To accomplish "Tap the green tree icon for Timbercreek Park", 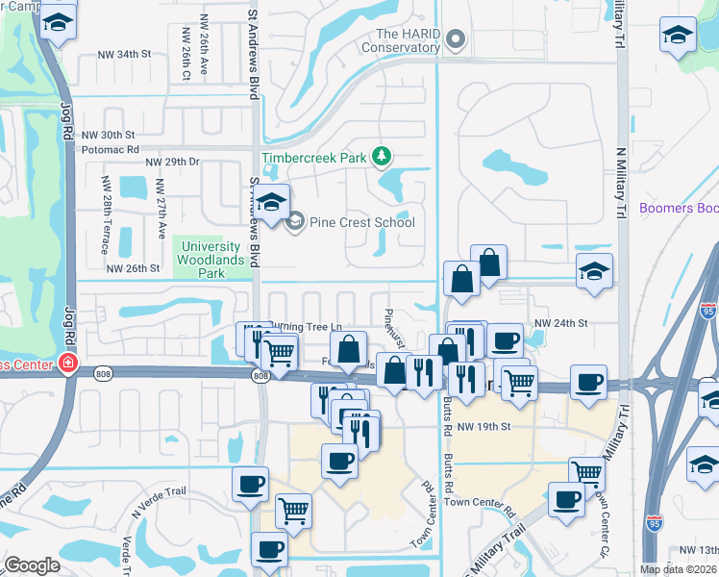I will click(383, 156).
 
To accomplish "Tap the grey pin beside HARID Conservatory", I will click(456, 40).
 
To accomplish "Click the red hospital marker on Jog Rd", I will click(67, 364).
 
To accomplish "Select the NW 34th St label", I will click(124, 55).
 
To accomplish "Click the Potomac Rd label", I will click(111, 150).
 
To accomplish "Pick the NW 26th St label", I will click(132, 268).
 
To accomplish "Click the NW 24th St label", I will click(559, 323).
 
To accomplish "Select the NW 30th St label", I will click(108, 136).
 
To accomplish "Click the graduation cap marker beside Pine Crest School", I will click(273, 204).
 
